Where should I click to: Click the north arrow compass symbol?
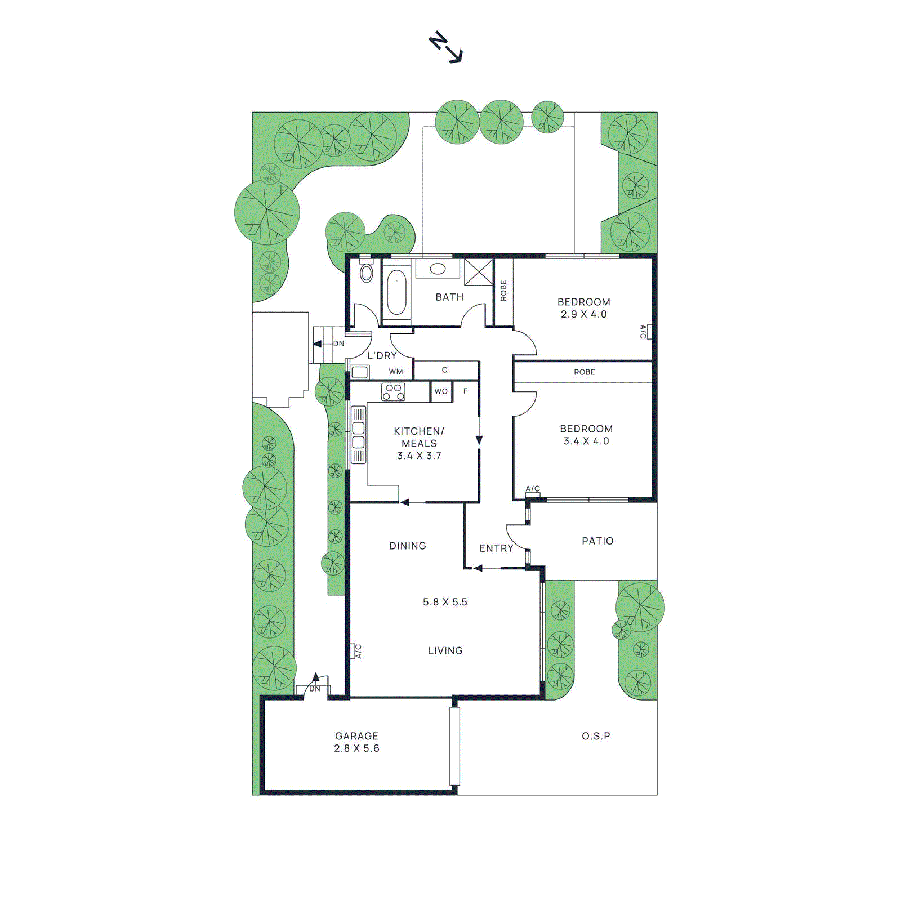click(445, 48)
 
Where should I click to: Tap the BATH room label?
click(449, 297)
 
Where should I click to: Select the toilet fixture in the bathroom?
click(367, 273)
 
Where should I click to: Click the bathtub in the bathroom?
click(396, 292)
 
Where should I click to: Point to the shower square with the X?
click(478, 272)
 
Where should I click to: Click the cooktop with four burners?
click(393, 392)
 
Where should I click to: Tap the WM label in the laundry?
click(396, 372)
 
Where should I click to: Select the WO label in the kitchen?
click(441, 391)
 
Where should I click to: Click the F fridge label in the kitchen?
click(465, 391)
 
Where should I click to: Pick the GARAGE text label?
click(356, 736)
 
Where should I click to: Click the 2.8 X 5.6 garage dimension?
click(356, 748)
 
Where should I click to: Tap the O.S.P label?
click(596, 736)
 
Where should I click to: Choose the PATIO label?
click(597, 541)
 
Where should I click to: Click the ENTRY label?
click(496, 548)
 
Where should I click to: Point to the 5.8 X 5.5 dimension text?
click(445, 602)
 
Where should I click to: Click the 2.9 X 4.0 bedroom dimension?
click(583, 314)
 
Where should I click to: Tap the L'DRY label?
click(382, 356)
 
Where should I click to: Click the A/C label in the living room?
click(358, 651)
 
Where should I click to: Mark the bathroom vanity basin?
click(438, 269)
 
